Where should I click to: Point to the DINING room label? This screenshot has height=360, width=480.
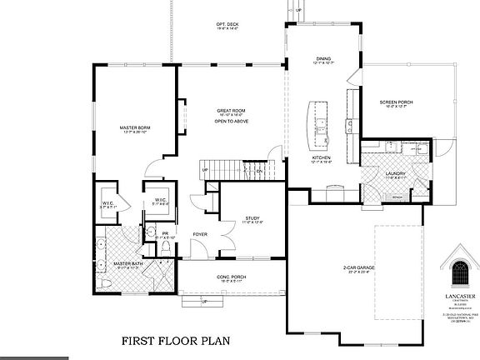tap(323, 58)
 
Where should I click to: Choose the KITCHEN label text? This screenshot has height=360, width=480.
tap(322, 157)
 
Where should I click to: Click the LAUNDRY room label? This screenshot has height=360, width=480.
tap(396, 173)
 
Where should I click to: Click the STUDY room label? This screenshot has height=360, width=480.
tap(252, 217)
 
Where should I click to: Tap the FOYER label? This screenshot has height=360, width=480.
tap(200, 234)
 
